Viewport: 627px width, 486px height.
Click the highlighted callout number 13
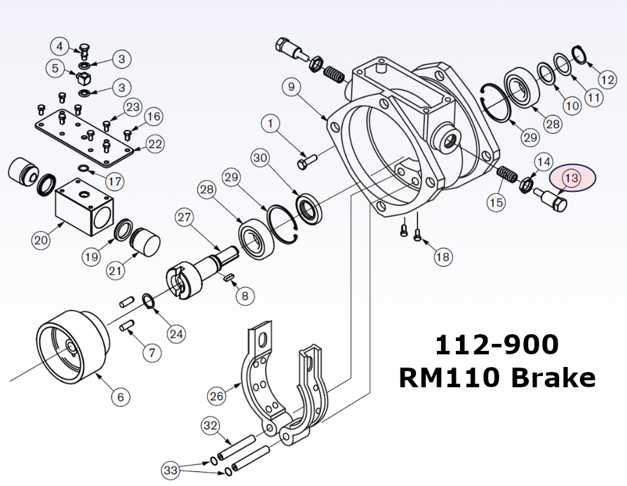point(571,178)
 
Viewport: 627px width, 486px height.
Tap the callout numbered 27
point(184,217)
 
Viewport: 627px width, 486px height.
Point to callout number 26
point(217,396)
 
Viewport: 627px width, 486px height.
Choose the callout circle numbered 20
point(41,240)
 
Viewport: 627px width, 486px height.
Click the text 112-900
point(497,345)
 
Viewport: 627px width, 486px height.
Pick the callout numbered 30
point(261,159)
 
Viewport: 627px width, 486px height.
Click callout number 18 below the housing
point(442,257)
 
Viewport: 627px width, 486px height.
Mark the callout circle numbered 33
point(170,468)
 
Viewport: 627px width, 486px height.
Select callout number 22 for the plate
point(154,144)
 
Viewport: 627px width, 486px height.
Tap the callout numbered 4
point(60,47)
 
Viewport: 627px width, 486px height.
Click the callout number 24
point(176,334)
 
